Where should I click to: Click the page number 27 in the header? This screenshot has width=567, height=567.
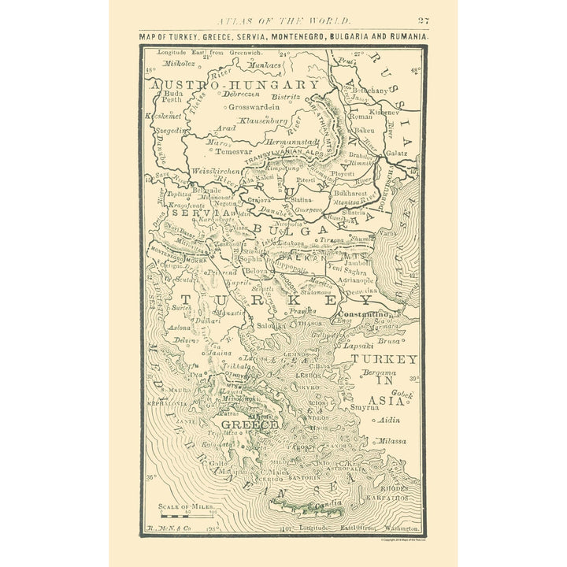(x=423, y=20)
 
